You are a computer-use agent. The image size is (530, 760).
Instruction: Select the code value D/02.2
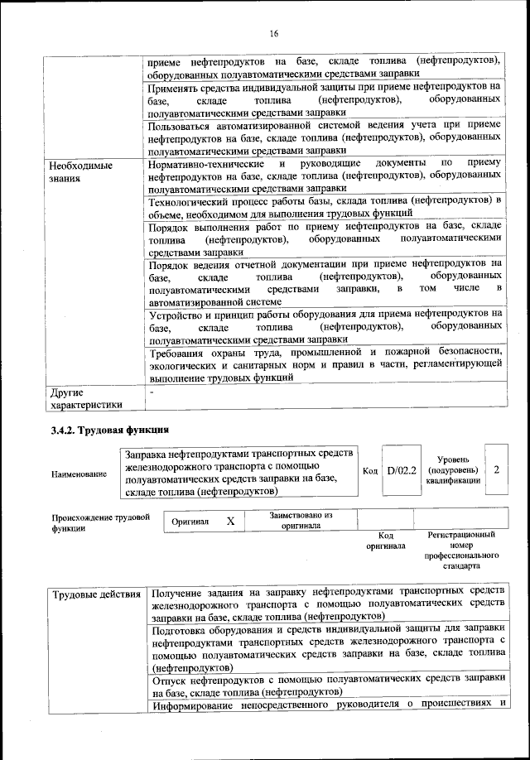pyautogui.click(x=402, y=470)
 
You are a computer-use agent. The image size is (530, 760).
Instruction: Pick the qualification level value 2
pyautogui.click(x=495, y=469)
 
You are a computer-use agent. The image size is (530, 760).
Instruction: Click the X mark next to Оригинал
pyautogui.click(x=231, y=522)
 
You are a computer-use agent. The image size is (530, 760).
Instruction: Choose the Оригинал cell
pyautogui.click(x=189, y=522)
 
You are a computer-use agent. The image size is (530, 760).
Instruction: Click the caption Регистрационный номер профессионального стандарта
pyautogui.click(x=461, y=551)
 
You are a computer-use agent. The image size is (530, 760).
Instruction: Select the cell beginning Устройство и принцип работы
pyautogui.click(x=325, y=326)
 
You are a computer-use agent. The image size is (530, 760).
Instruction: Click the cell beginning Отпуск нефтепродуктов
pyautogui.click(x=325, y=684)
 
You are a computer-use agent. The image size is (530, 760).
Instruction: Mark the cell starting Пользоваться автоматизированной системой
pyautogui.click(x=325, y=137)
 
